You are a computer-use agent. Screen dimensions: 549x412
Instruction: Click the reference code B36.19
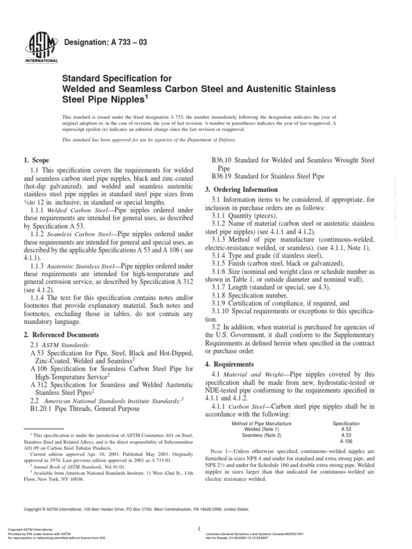click(x=225, y=176)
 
